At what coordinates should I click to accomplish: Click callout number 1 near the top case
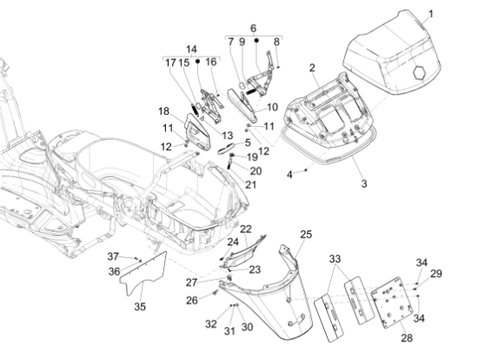[431, 14]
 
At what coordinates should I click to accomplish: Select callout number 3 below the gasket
[364, 183]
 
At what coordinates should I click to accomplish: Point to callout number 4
[289, 175]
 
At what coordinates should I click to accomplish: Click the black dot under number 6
[256, 40]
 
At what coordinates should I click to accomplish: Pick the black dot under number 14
[197, 62]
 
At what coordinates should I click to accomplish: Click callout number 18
[163, 111]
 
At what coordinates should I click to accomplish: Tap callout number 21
[250, 184]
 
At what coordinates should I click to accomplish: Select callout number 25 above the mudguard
[306, 234]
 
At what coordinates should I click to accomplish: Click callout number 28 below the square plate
[407, 338]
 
